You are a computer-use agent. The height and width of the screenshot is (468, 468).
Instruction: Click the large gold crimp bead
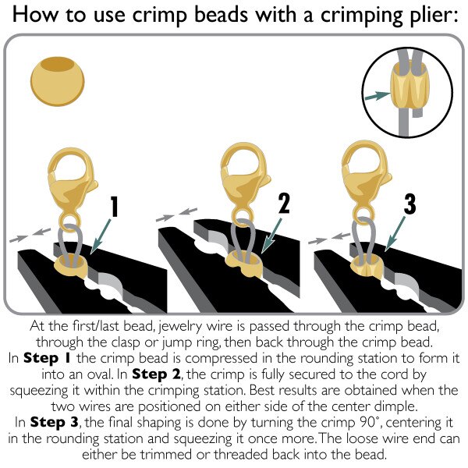coord(57,81)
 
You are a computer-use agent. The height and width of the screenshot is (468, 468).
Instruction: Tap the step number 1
coord(114,206)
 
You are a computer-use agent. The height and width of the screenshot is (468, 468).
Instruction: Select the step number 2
coord(284,204)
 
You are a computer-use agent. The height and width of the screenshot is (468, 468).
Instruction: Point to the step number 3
coord(409,204)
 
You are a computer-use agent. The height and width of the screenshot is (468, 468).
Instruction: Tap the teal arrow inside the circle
coord(378,95)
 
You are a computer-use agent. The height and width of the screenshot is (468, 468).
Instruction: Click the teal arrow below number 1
coord(101,236)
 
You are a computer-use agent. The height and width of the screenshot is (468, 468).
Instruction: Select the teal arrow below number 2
coord(271,236)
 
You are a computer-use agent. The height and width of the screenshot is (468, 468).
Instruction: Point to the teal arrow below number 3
coord(395,234)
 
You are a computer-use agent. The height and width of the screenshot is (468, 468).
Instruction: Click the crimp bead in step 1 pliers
coord(71,264)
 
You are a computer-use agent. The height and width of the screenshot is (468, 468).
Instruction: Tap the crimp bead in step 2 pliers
coord(244,263)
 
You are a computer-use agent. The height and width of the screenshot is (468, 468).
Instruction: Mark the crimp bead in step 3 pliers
coord(367,266)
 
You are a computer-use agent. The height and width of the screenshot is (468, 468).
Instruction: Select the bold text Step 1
coord(47,358)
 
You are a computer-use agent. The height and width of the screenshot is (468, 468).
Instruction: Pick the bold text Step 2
coord(156,374)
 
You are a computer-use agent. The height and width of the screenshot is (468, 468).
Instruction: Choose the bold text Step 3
coord(54,423)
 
